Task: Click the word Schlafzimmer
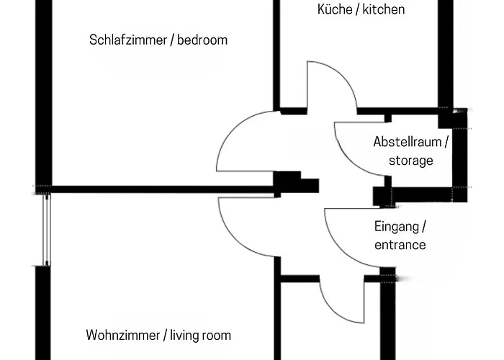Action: tap(126, 40)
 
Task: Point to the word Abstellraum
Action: tap(408, 142)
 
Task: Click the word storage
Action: tap(411, 160)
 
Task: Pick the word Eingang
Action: tap(397, 227)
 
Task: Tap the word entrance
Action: tap(400, 245)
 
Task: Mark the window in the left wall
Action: tap(47, 230)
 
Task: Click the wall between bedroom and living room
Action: tap(158, 190)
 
